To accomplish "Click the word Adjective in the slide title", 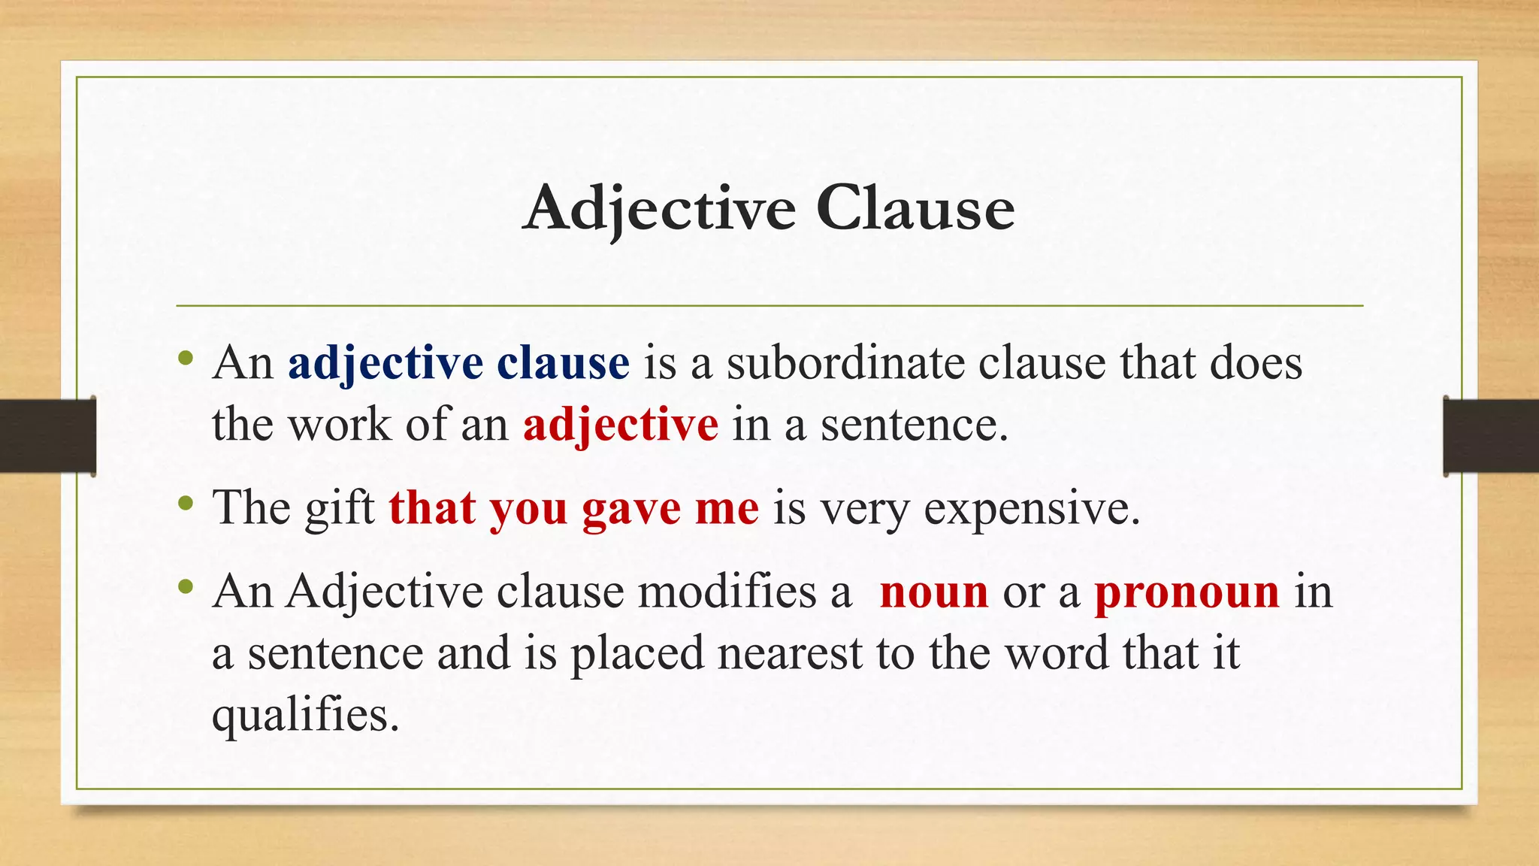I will (659, 208).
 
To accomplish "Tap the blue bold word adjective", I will (385, 364).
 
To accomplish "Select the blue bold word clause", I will (563, 363).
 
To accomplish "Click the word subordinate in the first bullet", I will (845, 363).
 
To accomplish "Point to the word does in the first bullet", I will (1256, 363).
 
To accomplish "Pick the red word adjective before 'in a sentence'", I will (620, 425).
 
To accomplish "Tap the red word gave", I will (630, 509).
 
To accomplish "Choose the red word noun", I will (933, 592).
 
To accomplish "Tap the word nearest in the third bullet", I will (789, 653).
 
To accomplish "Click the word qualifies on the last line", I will (304, 714).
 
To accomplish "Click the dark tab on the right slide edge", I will (1491, 436).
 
